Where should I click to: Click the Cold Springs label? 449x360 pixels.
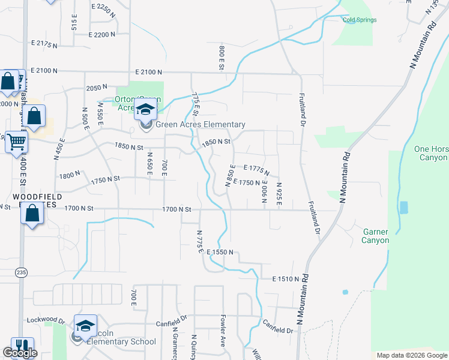coord(360,20)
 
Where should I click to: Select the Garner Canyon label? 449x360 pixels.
coord(376,236)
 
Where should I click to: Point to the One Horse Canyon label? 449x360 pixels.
coord(431,153)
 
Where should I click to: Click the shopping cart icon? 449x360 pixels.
coord(17,142)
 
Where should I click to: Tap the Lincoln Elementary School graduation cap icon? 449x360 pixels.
coord(85,325)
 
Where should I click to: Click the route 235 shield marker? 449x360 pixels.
coord(21,272)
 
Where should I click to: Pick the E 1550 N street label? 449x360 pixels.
coord(220,253)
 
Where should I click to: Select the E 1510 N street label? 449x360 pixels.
coord(286,279)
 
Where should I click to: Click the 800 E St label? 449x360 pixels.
coord(221,57)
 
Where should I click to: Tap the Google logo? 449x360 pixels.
coord(20,353)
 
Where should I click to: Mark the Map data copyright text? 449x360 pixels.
coord(411,355)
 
